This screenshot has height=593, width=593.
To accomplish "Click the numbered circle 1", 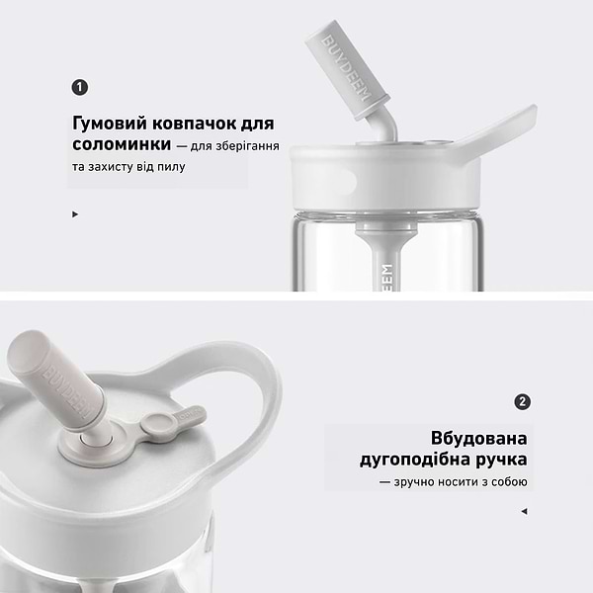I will [x=80, y=87].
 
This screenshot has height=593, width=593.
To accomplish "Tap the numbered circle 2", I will [x=523, y=402].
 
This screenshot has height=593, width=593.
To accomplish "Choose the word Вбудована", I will [x=479, y=438].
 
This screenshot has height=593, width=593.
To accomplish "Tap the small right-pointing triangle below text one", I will [x=75, y=212].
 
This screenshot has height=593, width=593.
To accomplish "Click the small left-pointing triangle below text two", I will [x=524, y=511].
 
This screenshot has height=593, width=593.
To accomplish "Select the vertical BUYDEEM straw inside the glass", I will [x=386, y=272].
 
